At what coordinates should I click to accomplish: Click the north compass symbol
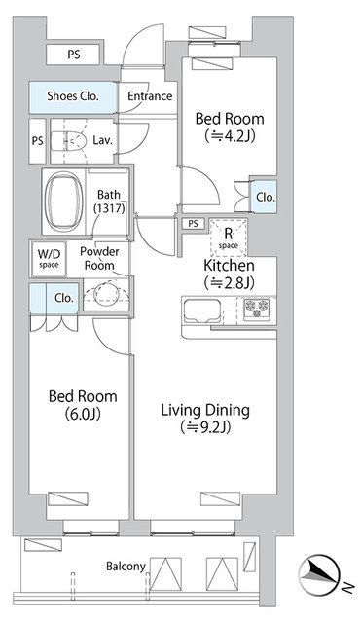pyautogui.click(x=320, y=574)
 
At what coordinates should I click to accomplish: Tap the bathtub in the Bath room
pyautogui.click(x=64, y=202)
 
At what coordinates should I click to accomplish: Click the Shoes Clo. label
pyautogui.click(x=73, y=95)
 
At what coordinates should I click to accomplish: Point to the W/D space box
pyautogui.click(x=50, y=259)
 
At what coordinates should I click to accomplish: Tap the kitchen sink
pyautogui.click(x=201, y=311)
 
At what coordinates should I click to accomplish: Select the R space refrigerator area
pyautogui.click(x=229, y=238)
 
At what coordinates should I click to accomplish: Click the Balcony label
pyautogui.click(x=126, y=567)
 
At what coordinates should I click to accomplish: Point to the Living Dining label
pyautogui.click(x=205, y=410)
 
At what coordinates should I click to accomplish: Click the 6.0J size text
pyautogui.click(x=83, y=414)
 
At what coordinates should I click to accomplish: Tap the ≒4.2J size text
pyautogui.click(x=230, y=136)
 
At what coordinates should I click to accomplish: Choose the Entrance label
pyautogui.click(x=150, y=95)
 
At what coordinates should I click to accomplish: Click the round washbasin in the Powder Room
pyautogui.click(x=106, y=294)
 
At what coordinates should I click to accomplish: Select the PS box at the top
pyautogui.click(x=73, y=55)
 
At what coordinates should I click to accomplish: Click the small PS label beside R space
pyautogui.click(x=193, y=224)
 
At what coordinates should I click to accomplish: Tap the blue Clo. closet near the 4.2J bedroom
pyautogui.click(x=264, y=197)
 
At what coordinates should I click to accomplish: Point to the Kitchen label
pyautogui.click(x=229, y=265)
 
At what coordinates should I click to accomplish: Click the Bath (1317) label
pyautogui.click(x=109, y=202)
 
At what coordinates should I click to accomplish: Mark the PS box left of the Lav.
pyautogui.click(x=38, y=140)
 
